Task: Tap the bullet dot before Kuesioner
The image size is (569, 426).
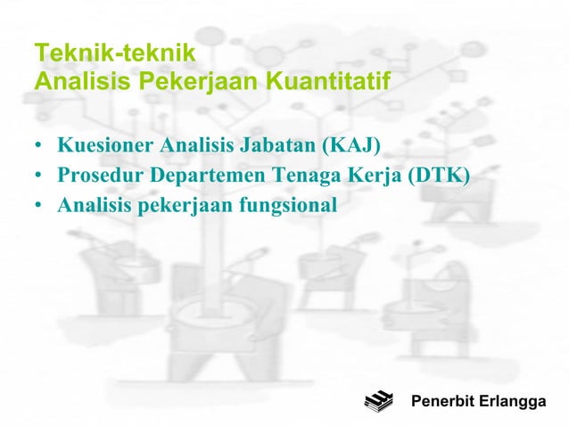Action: tap(39, 145)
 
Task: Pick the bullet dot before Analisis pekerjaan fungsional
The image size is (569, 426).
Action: tap(39, 206)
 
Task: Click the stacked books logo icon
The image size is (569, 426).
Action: tap(378, 401)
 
